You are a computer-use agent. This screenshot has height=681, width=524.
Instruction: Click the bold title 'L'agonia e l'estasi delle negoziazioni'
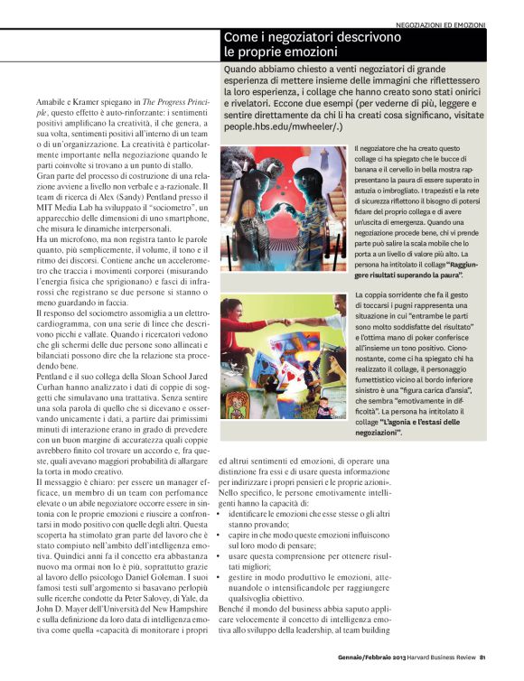click(408, 426)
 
